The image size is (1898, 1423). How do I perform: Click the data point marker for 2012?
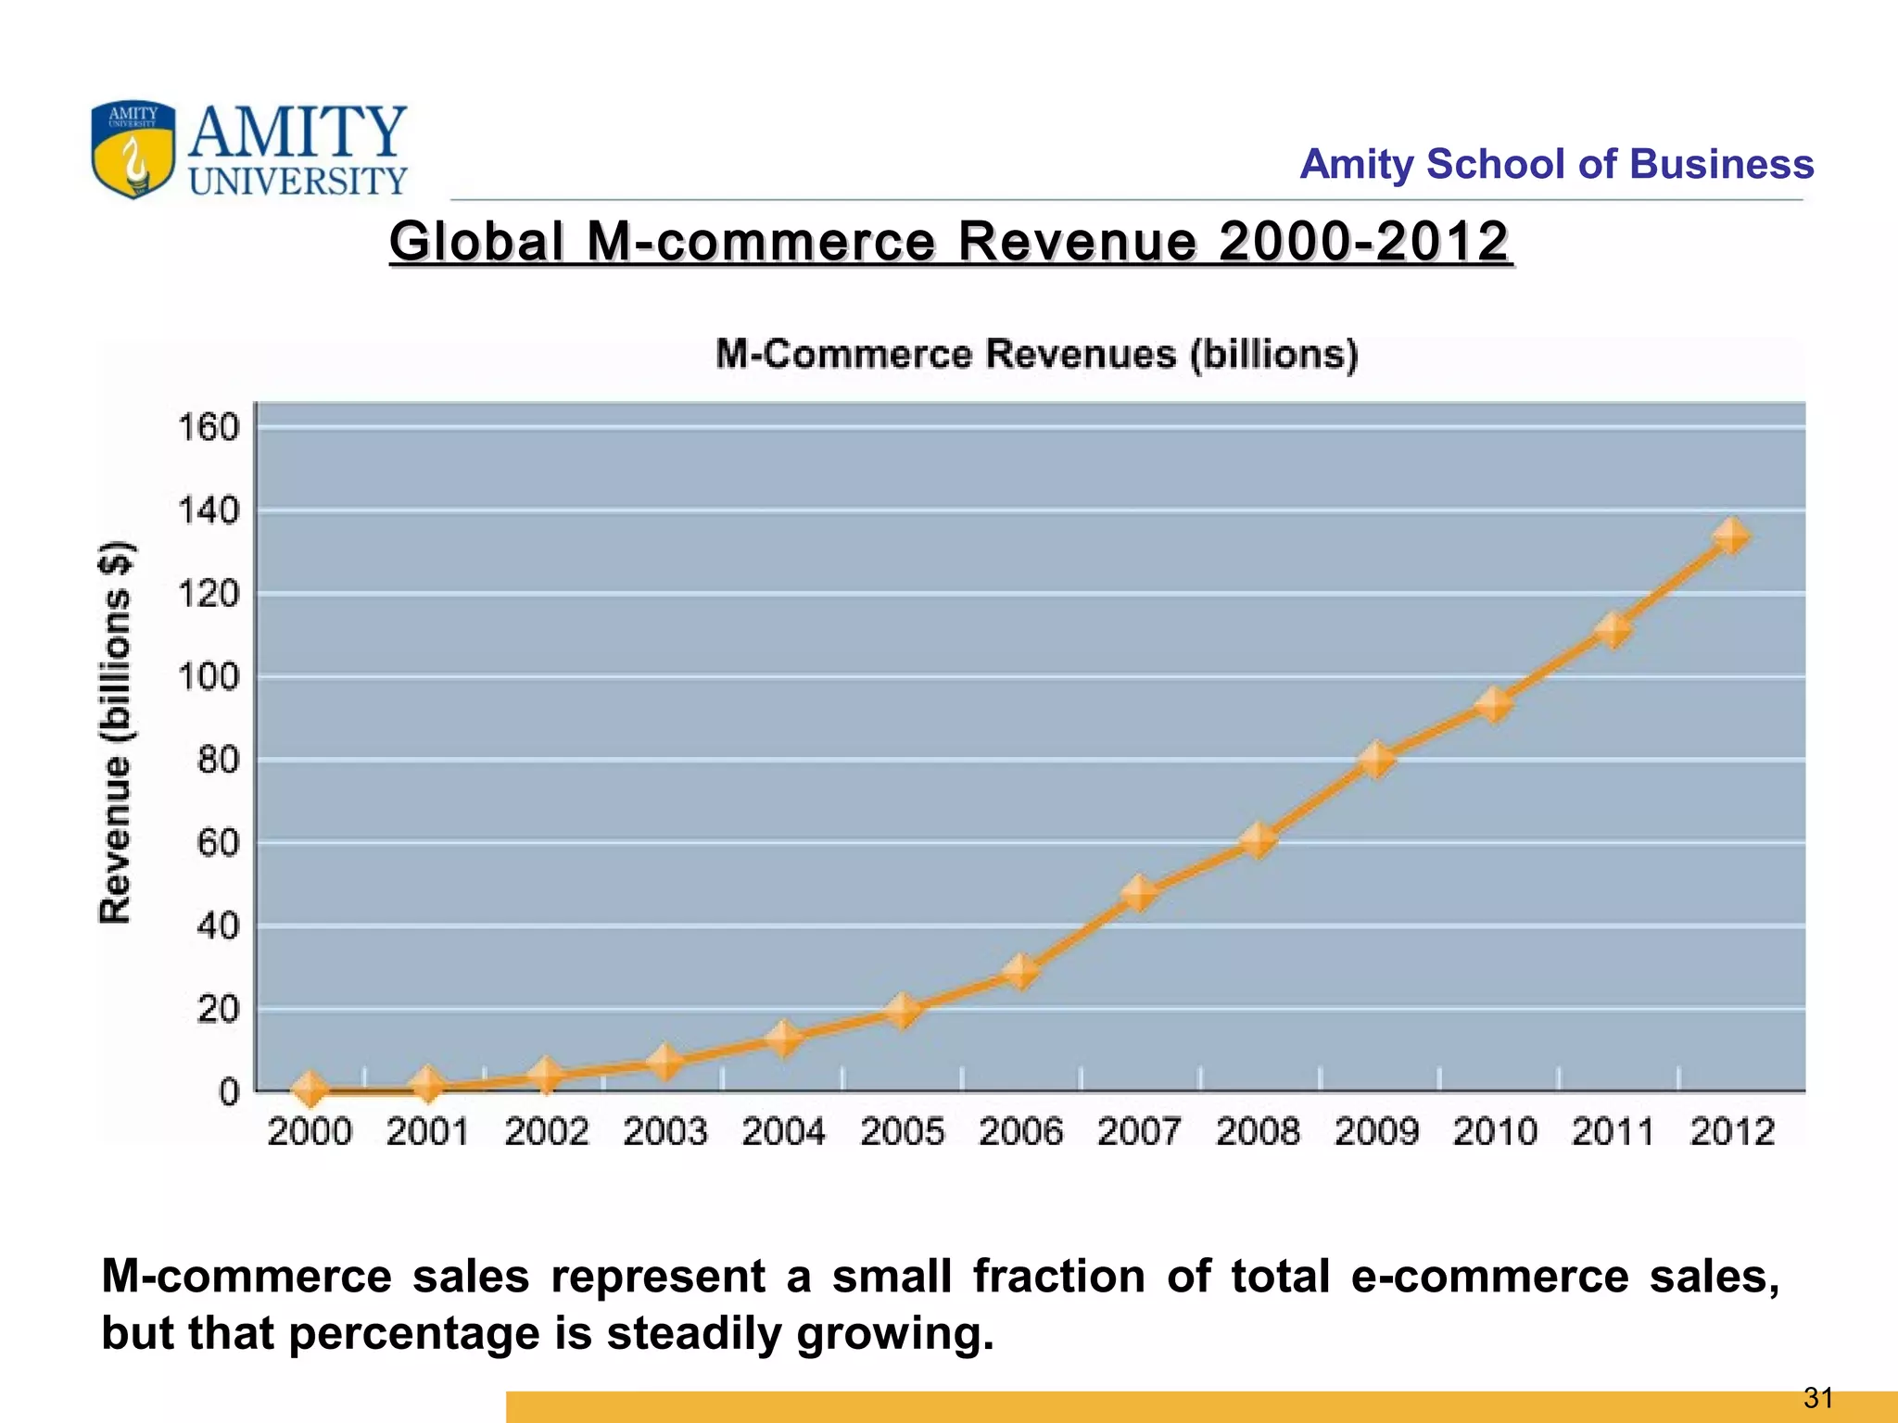pos(1730,536)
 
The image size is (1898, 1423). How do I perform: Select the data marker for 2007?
pos(1139,893)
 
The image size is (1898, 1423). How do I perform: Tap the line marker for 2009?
pos(1376,760)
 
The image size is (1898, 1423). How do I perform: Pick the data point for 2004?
pos(784,1039)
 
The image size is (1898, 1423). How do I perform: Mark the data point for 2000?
pos(310,1090)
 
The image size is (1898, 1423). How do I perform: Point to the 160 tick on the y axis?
pos(209,428)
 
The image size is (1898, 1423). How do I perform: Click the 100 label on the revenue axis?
pos(209,677)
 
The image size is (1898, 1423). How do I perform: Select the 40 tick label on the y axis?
pos(217,926)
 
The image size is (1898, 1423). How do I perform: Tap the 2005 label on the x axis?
pos(902,1132)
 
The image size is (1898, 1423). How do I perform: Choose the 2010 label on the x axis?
pos(1494,1132)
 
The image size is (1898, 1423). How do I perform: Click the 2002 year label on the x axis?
pos(547,1132)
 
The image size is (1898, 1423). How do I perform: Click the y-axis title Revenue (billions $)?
pos(117,732)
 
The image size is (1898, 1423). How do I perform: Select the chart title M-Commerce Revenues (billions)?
pos(1037,355)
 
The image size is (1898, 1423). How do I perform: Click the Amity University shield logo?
pos(133,149)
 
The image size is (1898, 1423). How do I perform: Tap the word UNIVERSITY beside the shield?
pos(298,181)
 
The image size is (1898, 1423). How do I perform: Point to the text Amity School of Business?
pos(1556,164)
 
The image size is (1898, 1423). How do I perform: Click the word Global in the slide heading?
pos(476,242)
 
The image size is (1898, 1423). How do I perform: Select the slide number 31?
pos(1818,1398)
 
